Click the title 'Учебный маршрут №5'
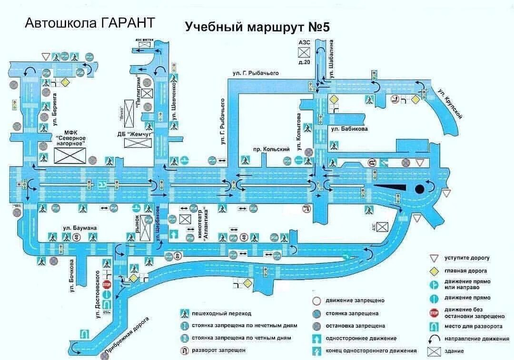[x=257, y=27]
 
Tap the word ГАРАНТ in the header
[x=128, y=23]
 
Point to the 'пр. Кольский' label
[x=271, y=149]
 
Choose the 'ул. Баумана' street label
[x=79, y=228]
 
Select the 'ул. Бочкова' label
[x=72, y=275]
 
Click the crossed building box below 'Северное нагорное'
[x=70, y=156]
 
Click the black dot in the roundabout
[x=419, y=189]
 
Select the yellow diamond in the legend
[x=434, y=271]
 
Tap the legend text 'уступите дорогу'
[x=467, y=258]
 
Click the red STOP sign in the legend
[x=434, y=312]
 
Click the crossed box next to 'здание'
[x=434, y=352]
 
